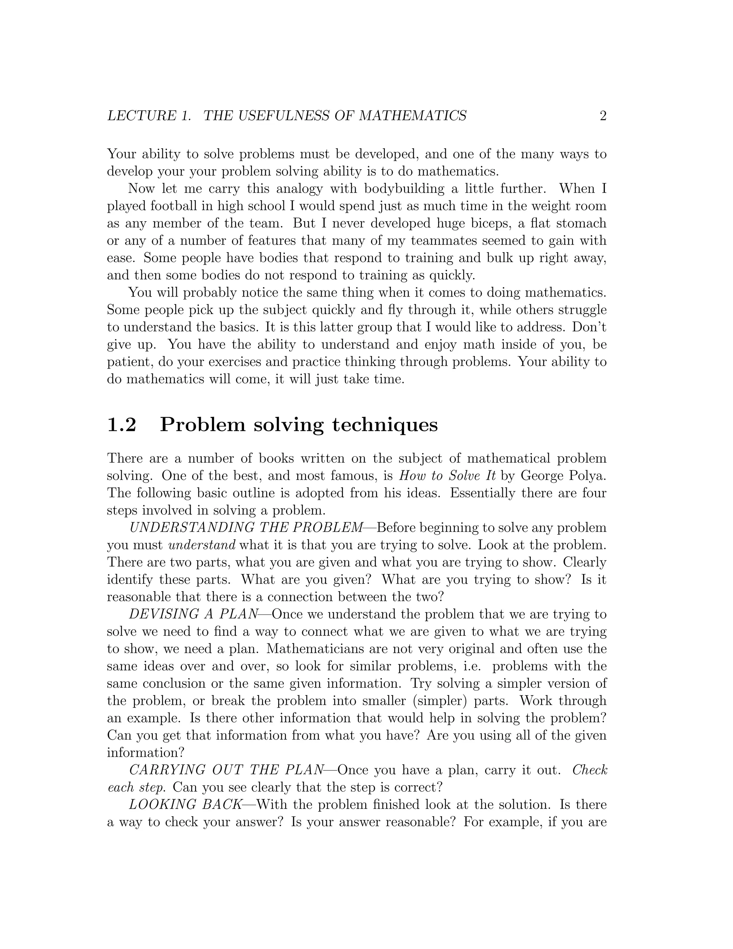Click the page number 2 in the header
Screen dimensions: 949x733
[603, 116]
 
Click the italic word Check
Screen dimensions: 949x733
[590, 770]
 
